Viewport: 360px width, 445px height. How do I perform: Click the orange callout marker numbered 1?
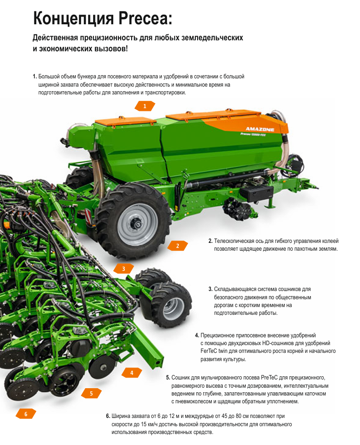tap(145, 106)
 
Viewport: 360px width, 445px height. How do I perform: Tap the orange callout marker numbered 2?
tap(177, 246)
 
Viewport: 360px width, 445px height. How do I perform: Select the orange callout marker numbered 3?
tap(123, 269)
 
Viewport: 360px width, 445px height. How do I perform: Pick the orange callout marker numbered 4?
tap(132, 373)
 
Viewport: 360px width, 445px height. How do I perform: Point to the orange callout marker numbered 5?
tap(91, 393)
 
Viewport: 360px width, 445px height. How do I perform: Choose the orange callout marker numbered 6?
tap(26, 414)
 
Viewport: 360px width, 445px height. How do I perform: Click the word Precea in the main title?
tap(145, 18)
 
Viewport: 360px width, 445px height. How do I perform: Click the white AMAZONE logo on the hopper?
tap(260, 129)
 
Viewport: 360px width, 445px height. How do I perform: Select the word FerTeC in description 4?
tap(208, 351)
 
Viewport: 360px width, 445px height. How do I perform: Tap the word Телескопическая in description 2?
tap(234, 241)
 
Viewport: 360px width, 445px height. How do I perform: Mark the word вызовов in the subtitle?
tap(110, 49)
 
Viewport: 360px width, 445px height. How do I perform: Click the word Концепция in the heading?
tap(74, 19)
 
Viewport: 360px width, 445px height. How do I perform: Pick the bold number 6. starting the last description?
tap(108, 416)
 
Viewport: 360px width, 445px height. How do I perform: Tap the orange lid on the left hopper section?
tap(126, 121)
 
